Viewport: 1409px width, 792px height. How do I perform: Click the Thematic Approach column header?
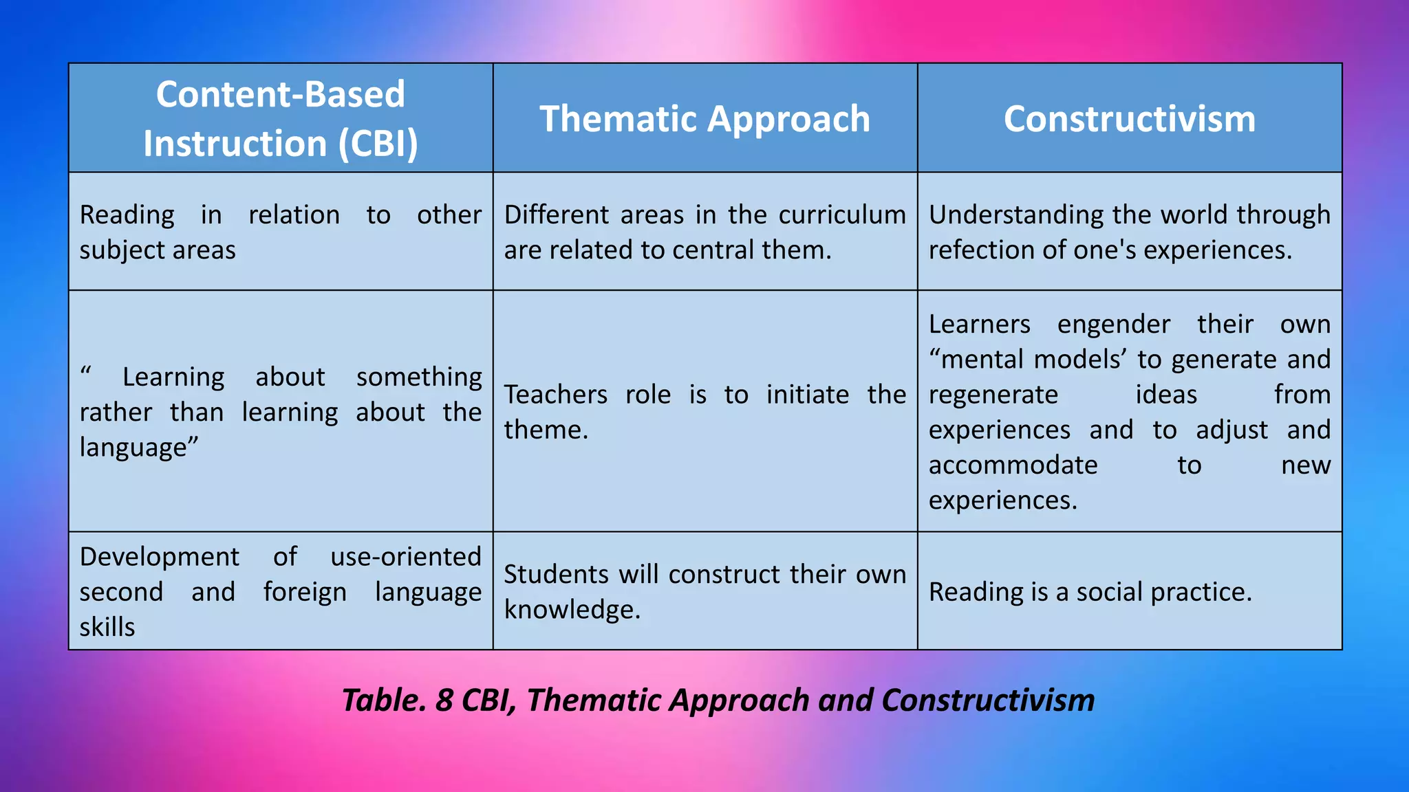(704, 118)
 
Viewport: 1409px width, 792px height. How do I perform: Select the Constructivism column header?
(1129, 118)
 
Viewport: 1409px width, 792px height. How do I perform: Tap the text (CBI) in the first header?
(378, 144)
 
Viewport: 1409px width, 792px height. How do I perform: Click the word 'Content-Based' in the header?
(280, 93)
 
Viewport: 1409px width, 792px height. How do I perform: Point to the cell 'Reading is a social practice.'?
(1090, 591)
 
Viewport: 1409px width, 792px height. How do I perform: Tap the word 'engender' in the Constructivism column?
(1113, 324)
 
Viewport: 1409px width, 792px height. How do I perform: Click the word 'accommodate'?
(1013, 465)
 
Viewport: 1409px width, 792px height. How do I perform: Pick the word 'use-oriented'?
(405, 556)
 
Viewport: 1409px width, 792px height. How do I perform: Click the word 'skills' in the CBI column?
(107, 626)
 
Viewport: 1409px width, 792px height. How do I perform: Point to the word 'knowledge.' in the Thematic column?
(572, 609)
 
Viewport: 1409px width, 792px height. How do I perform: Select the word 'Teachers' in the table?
(555, 395)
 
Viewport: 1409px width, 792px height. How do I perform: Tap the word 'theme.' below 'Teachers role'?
(546, 430)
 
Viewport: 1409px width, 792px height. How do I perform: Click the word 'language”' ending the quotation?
(138, 448)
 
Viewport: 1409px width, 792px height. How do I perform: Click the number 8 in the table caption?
(444, 700)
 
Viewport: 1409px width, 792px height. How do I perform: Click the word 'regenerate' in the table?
(993, 395)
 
